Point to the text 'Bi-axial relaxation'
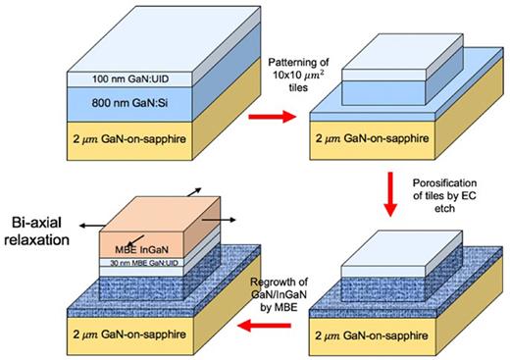[46, 225]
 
